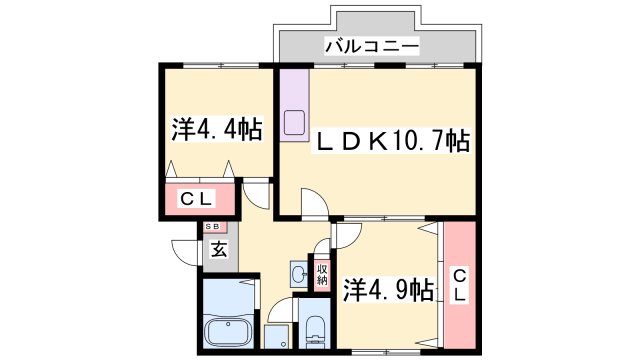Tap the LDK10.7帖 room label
click(x=392, y=141)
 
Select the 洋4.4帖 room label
click(x=215, y=129)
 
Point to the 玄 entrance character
click(x=218, y=250)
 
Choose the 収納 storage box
click(x=322, y=273)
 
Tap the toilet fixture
click(x=315, y=329)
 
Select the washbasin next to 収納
click(x=298, y=273)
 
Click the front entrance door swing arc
click(x=186, y=251)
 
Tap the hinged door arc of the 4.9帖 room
click(x=345, y=236)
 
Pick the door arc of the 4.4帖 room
click(x=256, y=195)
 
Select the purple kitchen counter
click(x=296, y=105)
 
